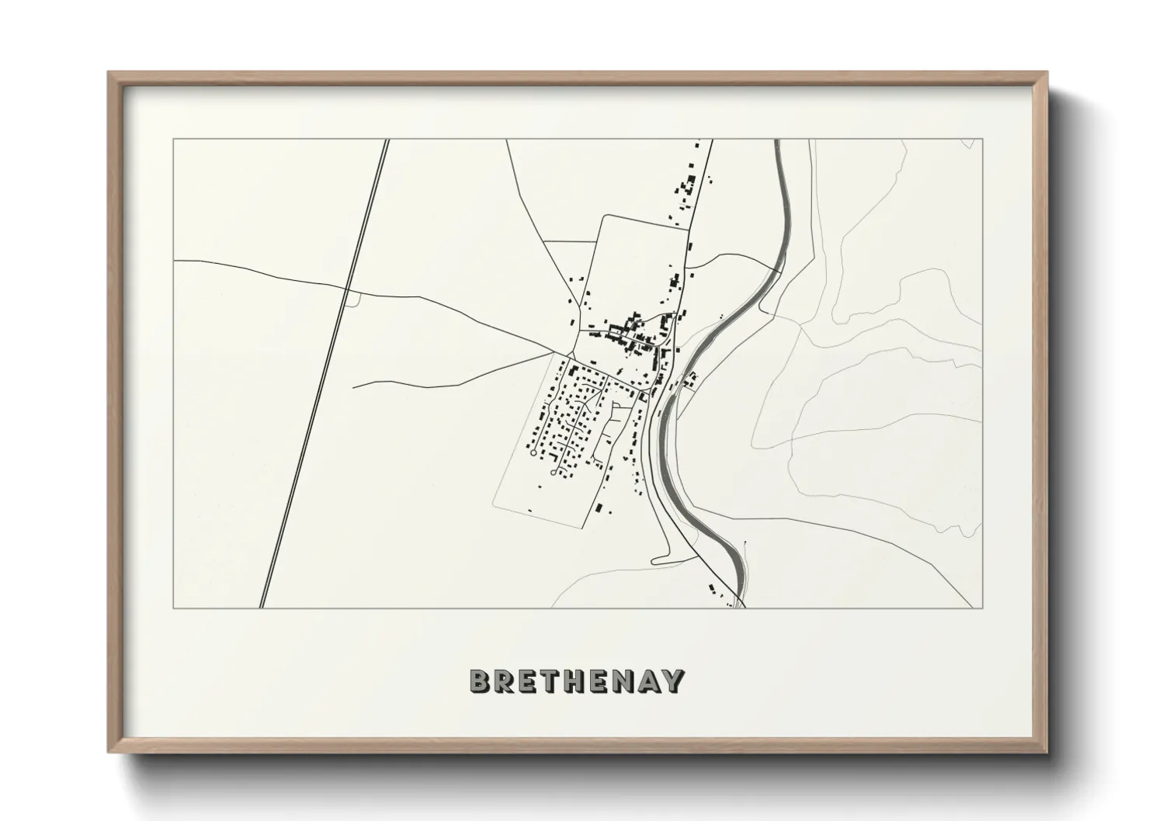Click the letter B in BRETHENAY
[x=481, y=681]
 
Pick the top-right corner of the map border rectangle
[x=983, y=140]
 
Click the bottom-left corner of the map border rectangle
[x=173, y=608]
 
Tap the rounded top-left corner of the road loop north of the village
[x=602, y=218]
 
